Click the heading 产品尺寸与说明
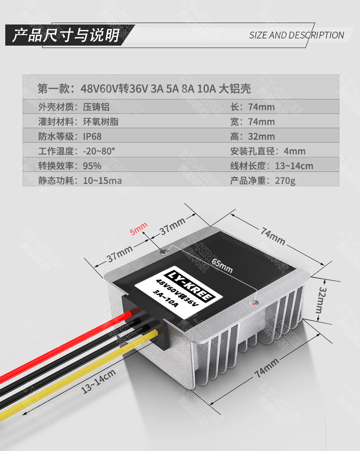pos(66,35)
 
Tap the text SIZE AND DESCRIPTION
pos(296,35)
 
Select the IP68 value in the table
pos(92,136)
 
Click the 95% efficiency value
pos(92,166)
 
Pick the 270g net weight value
pos(285,181)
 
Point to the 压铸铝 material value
pos(96,107)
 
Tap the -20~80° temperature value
pos(99,151)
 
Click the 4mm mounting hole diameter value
pos(294,151)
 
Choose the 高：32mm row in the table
pos(252,136)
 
